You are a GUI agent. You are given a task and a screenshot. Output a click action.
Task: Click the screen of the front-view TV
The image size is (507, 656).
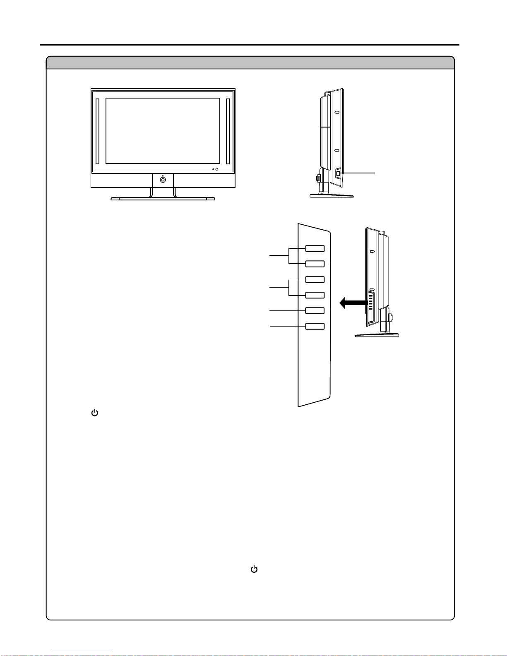(163, 131)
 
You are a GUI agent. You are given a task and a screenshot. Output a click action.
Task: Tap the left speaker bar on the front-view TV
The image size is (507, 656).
(97, 131)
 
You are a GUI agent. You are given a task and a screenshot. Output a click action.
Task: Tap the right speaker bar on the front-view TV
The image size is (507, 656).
(228, 131)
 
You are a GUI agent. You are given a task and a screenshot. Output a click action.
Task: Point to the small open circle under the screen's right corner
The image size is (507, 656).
(216, 169)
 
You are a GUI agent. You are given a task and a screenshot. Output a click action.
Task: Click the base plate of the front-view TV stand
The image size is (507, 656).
(163, 199)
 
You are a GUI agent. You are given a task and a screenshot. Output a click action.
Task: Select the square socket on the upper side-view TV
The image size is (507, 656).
(338, 173)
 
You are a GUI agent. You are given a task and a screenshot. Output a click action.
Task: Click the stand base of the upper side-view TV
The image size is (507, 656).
(332, 196)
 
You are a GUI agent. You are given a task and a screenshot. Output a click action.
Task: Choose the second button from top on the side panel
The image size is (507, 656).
(315, 264)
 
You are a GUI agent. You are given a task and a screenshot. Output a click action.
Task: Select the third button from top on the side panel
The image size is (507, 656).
(315, 279)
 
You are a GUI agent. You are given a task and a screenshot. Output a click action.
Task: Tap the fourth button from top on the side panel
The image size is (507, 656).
(315, 295)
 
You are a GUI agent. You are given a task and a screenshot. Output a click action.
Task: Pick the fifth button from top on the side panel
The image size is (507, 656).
(315, 310)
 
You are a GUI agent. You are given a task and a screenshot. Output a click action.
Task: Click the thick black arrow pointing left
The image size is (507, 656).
(352, 303)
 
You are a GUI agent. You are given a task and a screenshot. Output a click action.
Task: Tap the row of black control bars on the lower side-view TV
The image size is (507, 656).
(370, 302)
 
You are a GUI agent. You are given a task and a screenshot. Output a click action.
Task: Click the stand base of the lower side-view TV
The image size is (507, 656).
(377, 335)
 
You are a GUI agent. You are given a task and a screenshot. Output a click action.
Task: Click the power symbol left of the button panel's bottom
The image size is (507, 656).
(95, 413)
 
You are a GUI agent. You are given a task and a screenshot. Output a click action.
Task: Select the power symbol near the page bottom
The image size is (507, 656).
(254, 569)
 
